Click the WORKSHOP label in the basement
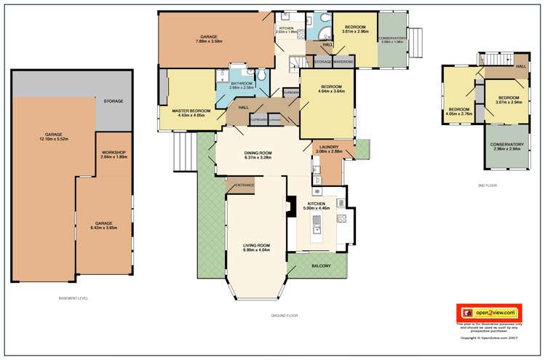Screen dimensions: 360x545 [x=114, y=153]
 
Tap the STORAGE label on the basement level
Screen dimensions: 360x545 [x=114, y=101]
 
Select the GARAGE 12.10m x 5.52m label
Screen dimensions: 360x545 [x=53, y=136]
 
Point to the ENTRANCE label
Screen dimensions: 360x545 [x=244, y=185]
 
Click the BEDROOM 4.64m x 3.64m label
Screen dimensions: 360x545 [x=327, y=89]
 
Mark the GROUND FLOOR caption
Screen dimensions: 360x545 [x=283, y=316]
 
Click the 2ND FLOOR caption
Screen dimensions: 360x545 [x=487, y=185]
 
